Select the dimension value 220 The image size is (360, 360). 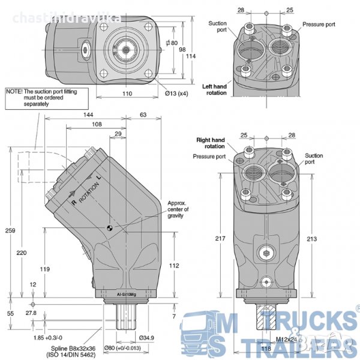pyautogui.click(x=22, y=253)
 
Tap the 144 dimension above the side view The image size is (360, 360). pyautogui.click(x=88, y=113)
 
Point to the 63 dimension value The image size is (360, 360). pyautogui.click(x=143, y=113)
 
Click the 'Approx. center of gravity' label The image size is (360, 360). pyautogui.click(x=178, y=209)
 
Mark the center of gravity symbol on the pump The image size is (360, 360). pyautogui.click(x=109, y=227)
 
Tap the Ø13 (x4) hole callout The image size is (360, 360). pyautogui.click(x=176, y=94)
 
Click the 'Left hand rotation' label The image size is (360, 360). pyautogui.click(x=215, y=89)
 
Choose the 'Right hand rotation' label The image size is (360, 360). pyautogui.click(x=211, y=143)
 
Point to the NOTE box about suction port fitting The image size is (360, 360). pyautogui.click(x=47, y=97)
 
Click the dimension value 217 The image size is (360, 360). pyautogui.click(x=220, y=238)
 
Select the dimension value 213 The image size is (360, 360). pyautogui.click(x=311, y=239)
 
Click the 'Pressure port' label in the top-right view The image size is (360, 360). pyautogui.click(x=319, y=25)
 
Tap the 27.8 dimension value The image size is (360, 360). pyautogui.click(x=32, y=313)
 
